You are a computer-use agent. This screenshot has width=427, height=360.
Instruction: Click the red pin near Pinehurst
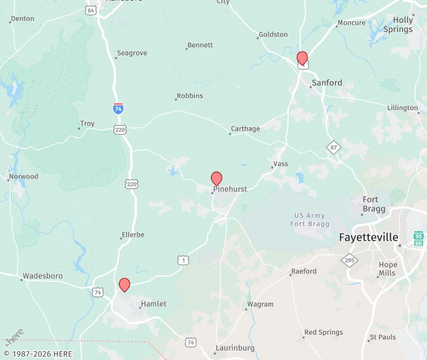tap(216, 178)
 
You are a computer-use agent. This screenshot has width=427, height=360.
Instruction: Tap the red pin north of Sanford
tap(302, 58)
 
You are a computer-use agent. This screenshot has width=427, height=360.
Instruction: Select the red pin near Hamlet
tap(124, 285)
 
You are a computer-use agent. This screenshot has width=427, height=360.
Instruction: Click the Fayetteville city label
tap(368, 237)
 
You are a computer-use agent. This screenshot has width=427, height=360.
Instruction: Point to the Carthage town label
tap(246, 129)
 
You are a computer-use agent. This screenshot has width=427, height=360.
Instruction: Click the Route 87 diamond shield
tap(333, 146)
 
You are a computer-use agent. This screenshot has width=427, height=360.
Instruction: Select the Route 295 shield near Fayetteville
tap(350, 260)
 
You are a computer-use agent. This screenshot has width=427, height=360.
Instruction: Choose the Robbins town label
tap(190, 96)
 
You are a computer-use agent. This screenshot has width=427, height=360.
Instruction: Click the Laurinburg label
tap(234, 349)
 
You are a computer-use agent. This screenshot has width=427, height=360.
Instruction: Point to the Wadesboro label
tap(42, 276)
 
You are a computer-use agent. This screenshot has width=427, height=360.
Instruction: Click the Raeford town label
tap(304, 271)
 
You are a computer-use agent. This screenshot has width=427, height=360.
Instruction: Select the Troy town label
tap(87, 123)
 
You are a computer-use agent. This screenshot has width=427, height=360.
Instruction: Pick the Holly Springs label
tap(403, 25)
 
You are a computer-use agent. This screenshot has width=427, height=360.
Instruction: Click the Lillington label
tap(402, 107)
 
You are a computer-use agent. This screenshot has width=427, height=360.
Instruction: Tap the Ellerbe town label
tap(133, 235)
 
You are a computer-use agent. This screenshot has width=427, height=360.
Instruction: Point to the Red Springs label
tap(324, 333)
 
